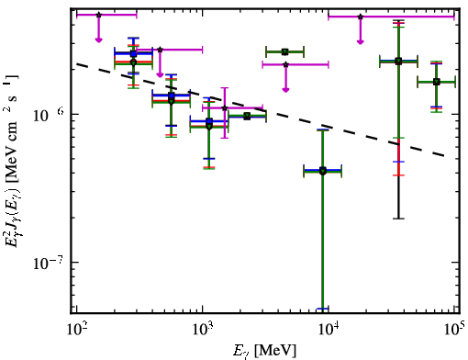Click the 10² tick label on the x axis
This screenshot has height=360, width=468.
pos(76,329)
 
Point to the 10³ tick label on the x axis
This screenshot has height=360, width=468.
pos(203,329)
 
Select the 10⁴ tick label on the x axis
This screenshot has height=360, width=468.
pos(329,329)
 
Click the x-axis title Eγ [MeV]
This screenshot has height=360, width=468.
pos(264,350)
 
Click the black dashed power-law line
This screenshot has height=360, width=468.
pos(261,110)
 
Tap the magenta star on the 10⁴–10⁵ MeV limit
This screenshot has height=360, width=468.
pos(361,17)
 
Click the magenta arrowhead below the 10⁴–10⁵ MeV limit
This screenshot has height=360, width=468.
pos(361,41)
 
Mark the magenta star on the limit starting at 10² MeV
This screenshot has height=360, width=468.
pos(98,15)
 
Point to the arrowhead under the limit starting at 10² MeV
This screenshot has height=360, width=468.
pos(98,39)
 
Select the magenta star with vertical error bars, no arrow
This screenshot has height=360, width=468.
pos(225,108)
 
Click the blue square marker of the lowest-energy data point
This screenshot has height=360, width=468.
pos(133,54)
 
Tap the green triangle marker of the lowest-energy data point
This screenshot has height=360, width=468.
pos(133,62)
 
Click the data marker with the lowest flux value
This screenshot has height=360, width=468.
pos(323,172)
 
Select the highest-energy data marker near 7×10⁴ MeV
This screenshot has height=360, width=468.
pos(437,82)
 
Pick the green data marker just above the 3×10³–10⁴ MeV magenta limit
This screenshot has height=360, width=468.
pos(285,52)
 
